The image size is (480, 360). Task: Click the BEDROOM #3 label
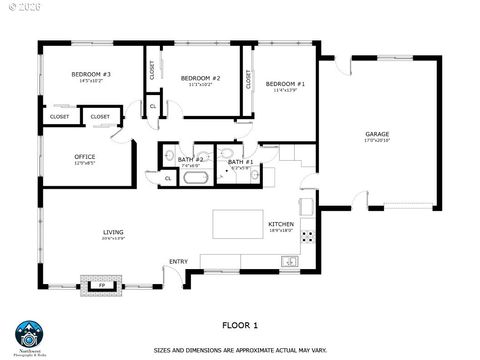pyautogui.click(x=90, y=75)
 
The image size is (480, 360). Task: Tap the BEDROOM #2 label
pyautogui.click(x=200, y=78)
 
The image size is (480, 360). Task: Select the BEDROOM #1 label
pyautogui.click(x=286, y=84)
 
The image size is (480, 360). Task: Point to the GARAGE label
pyautogui.click(x=377, y=134)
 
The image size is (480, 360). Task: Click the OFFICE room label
pyautogui.click(x=85, y=157)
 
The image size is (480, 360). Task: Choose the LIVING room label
pyautogui.click(x=113, y=232)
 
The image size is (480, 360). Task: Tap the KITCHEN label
pyautogui.click(x=279, y=224)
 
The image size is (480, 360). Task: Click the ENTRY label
pyautogui.click(x=178, y=262)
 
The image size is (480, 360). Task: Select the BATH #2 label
pyautogui.click(x=191, y=160)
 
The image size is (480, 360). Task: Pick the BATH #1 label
pyautogui.click(x=240, y=162)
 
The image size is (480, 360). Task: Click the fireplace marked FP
pyautogui.click(x=101, y=285)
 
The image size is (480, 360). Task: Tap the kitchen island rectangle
pyautogui.click(x=236, y=222)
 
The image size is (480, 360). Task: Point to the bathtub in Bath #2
pyautogui.click(x=194, y=178)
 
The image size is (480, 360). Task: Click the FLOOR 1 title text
pyautogui.click(x=239, y=325)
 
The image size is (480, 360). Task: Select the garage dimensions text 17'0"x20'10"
pyautogui.click(x=377, y=142)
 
